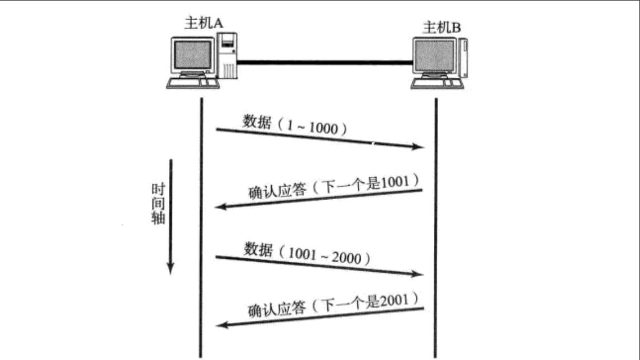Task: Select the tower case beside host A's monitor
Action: [x=227, y=55]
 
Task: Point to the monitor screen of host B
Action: [x=434, y=55]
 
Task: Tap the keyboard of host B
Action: [x=437, y=84]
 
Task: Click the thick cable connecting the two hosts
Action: [x=324, y=62]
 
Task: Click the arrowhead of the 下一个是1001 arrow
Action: [x=220, y=207]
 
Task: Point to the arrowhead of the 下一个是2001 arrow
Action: [x=220, y=324]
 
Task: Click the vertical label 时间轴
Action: [x=158, y=203]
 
